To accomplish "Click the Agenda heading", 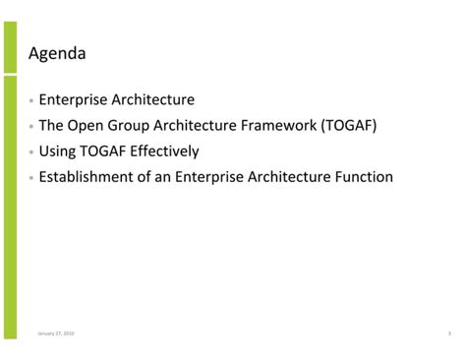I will pos(57,54).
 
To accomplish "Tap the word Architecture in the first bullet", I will pos(152,100).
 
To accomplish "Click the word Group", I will pos(131,126).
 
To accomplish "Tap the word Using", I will pos(57,151).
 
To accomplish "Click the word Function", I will pos(363,177).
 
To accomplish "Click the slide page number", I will pos(448,333).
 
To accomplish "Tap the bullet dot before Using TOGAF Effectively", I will pos(31,152).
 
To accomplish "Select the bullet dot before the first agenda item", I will pos(31,101).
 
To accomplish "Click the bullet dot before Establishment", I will pos(31,178).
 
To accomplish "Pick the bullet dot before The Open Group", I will pos(31,127).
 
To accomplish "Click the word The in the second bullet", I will pos(51,126).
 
